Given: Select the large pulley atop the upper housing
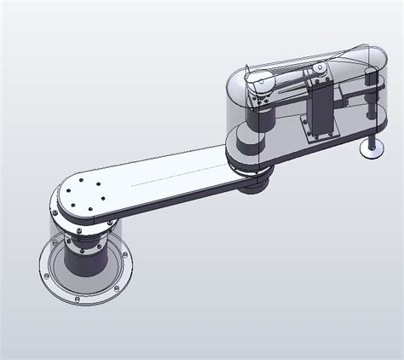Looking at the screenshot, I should [262, 83].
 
